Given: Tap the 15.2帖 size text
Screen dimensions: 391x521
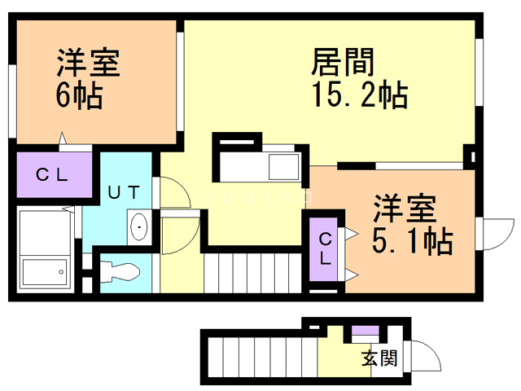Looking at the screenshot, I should (x=358, y=95).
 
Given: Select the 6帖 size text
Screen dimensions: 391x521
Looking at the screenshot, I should (x=79, y=95).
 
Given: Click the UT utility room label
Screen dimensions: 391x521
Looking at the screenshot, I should (x=125, y=192).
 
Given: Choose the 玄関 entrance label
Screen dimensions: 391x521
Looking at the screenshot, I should (x=379, y=358).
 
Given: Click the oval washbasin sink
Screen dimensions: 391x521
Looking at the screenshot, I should (x=139, y=226).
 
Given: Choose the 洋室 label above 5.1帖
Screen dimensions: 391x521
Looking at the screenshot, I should (x=404, y=207).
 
